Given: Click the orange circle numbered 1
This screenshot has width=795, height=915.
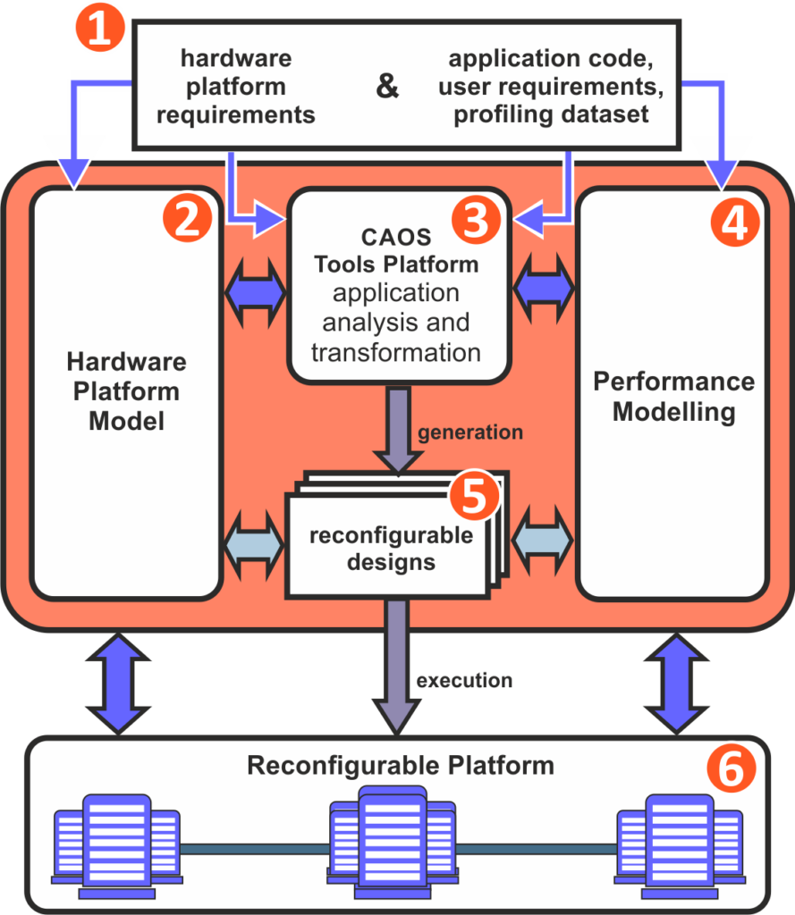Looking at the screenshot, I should pos(100,30).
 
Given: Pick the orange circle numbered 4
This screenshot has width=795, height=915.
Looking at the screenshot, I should pos(734,221).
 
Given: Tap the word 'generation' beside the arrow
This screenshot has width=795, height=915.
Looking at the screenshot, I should pos(470,432).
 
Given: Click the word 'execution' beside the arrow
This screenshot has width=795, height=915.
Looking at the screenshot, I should pos(464,681).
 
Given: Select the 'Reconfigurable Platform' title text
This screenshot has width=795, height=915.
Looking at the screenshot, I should pos(401,767).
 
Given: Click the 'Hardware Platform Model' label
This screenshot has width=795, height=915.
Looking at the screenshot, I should pos(126,390).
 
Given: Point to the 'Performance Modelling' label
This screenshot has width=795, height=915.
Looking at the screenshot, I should pos(673,396).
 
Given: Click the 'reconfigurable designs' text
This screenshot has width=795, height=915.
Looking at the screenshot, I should pos(391,549).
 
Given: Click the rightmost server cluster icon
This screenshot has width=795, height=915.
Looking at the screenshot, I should pos(680,844).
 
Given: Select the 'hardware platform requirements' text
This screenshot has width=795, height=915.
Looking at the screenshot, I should pos(236,87).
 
